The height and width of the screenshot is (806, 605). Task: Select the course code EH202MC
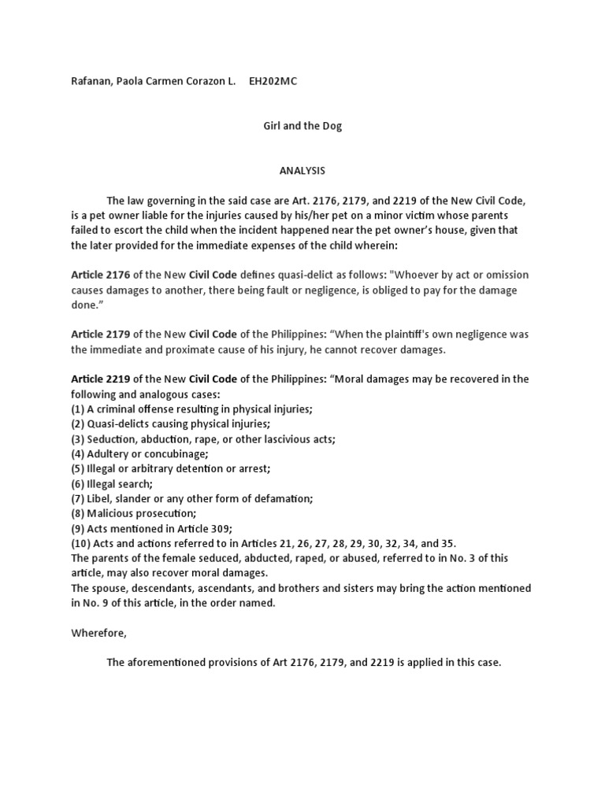(x=273, y=81)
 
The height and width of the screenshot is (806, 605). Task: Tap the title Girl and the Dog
(x=302, y=126)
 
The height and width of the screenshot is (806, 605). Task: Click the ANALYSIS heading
(x=302, y=171)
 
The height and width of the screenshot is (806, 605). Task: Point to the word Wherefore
(x=98, y=633)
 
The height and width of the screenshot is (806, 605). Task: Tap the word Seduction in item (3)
(x=110, y=439)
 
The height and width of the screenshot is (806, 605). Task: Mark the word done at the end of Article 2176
(x=84, y=305)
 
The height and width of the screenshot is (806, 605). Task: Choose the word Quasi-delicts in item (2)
(x=120, y=424)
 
